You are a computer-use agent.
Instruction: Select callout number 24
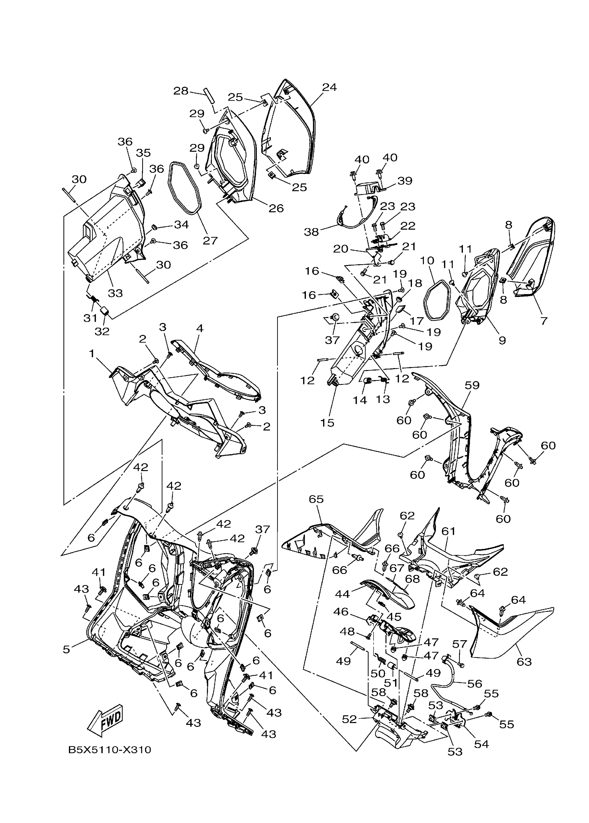[329, 87]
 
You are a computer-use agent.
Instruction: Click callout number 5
[66, 649]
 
